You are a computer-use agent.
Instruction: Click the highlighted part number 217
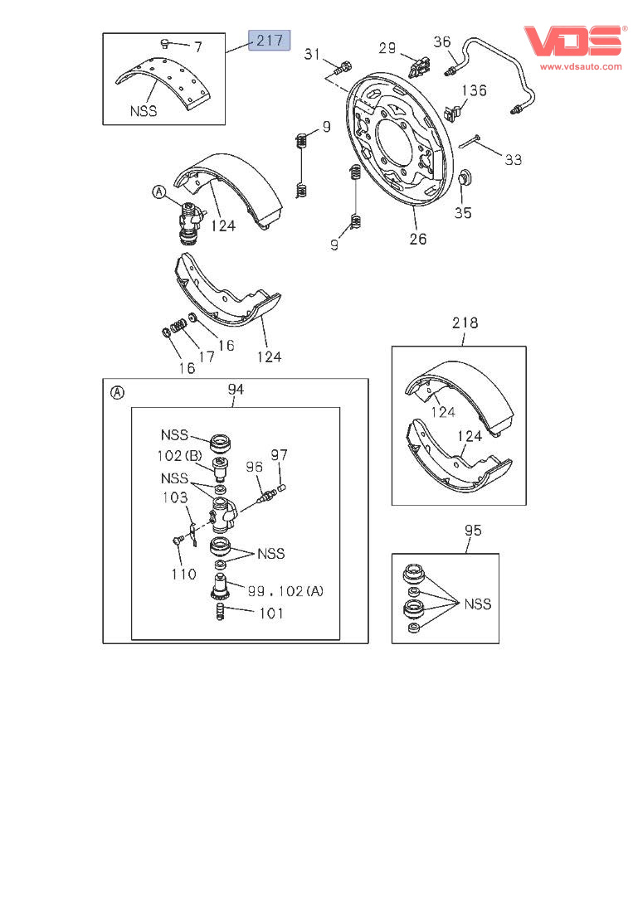(x=270, y=39)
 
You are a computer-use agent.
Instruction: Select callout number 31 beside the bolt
(x=312, y=55)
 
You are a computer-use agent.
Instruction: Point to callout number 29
(x=387, y=48)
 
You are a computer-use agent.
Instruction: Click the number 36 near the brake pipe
(x=442, y=41)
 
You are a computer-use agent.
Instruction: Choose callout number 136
(x=474, y=90)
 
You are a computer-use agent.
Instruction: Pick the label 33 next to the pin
(x=514, y=159)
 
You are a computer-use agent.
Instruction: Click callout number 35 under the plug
(x=463, y=213)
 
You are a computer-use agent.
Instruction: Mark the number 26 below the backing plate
(x=418, y=239)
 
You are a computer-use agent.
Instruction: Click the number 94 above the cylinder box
(x=236, y=389)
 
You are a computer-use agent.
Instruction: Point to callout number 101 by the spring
(x=270, y=613)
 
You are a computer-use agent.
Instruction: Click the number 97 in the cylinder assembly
(x=279, y=454)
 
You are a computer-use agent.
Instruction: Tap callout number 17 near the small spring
(x=206, y=356)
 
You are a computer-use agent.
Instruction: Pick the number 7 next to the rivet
(x=197, y=47)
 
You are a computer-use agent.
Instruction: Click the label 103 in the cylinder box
(x=175, y=497)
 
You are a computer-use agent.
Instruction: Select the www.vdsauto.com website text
(x=581, y=66)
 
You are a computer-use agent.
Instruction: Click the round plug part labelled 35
(x=465, y=179)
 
